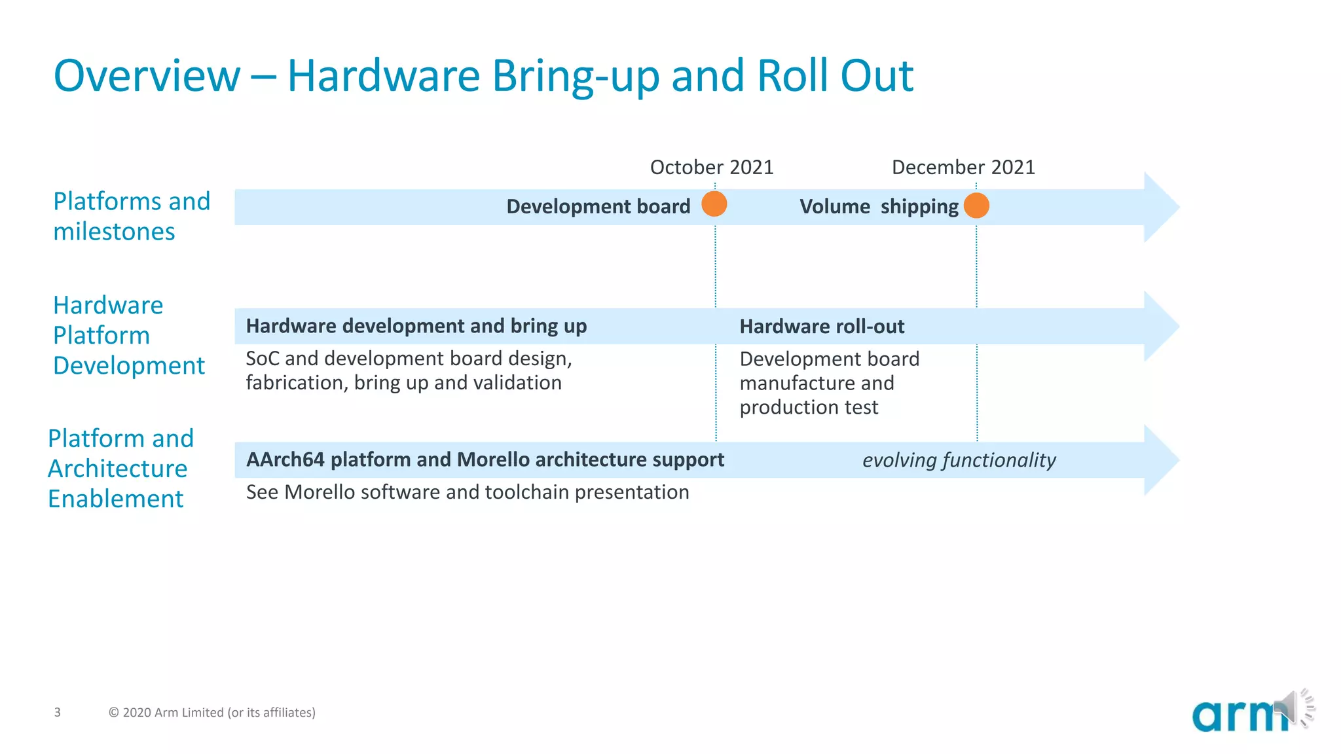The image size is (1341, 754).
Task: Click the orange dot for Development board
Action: pos(714,204)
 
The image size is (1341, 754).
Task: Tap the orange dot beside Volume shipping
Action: pos(976,206)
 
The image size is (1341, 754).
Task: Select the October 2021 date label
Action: pos(711,168)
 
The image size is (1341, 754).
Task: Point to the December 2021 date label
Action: pos(963,168)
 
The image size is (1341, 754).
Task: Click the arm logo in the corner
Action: pos(1234,715)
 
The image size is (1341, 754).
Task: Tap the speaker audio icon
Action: pos(1293,708)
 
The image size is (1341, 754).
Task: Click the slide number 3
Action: pos(58,712)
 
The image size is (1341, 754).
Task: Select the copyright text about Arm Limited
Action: pos(211,712)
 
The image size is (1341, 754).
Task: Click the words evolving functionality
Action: pos(959,460)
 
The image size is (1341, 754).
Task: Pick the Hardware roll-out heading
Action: pos(821,327)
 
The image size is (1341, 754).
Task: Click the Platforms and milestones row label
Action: pos(131,216)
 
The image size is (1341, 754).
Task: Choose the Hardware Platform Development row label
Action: pos(128,335)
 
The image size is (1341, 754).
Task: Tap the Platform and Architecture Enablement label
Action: pos(120,469)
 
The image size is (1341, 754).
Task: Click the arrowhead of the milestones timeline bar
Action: pos(1160,207)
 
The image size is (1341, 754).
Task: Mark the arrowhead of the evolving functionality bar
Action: pos(1160,460)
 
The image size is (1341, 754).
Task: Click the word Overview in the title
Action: pos(147,76)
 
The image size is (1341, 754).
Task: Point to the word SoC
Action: pos(262,359)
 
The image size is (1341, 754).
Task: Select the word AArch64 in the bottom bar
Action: pos(285,459)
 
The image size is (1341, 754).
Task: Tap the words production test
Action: pos(808,408)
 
